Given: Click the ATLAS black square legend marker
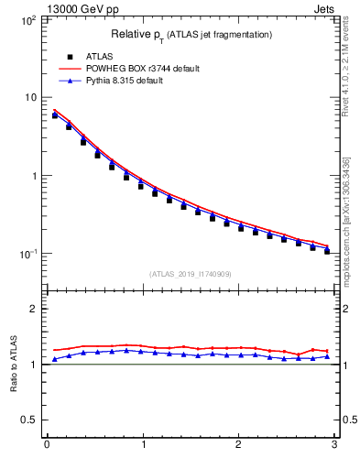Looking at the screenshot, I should [x=70, y=57].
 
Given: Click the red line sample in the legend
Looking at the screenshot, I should [x=70, y=69].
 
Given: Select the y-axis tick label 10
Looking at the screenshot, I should [x=29, y=97].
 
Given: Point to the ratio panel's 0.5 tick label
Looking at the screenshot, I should [x=29, y=420].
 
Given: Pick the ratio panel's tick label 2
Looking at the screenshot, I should [x=34, y=309].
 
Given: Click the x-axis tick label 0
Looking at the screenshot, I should [x=47, y=445].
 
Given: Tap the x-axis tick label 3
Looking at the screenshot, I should [x=334, y=445].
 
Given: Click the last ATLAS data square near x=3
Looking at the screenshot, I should [x=327, y=250].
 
